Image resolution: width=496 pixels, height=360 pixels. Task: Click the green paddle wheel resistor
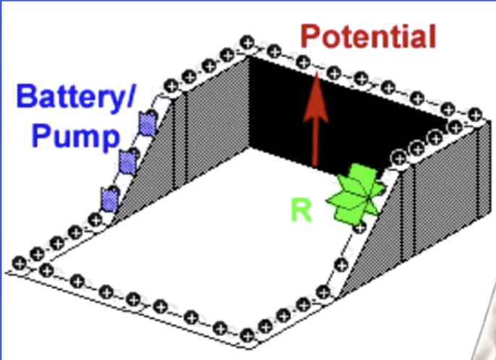coord(356,194)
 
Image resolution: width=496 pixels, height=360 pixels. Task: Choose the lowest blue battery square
coord(109,197)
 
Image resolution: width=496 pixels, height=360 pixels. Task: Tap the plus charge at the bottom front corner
coord(248,335)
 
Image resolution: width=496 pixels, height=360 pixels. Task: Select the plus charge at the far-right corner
coord(474,113)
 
